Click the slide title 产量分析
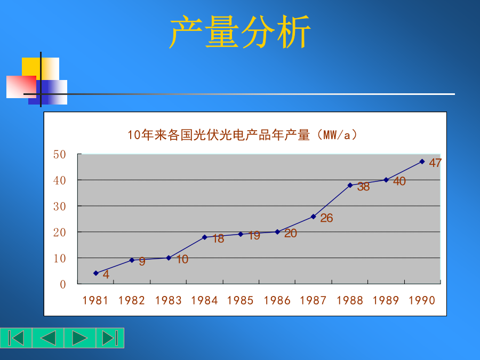click(240, 32)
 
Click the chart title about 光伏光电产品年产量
click(242, 135)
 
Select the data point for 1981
click(96, 273)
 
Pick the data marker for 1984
click(204, 237)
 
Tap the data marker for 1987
click(313, 217)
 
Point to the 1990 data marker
click(422, 162)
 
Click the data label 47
click(435, 163)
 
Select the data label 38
click(363, 187)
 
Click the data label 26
click(326, 218)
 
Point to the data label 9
click(142, 261)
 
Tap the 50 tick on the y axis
click(59, 154)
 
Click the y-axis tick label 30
click(59, 206)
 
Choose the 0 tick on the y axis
click(63, 284)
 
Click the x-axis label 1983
click(169, 301)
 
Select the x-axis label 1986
click(277, 301)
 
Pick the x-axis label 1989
click(386, 301)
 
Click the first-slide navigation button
click(16, 338)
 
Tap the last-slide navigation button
click(110, 338)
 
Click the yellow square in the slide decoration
click(41, 69)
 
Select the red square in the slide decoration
click(21, 87)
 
